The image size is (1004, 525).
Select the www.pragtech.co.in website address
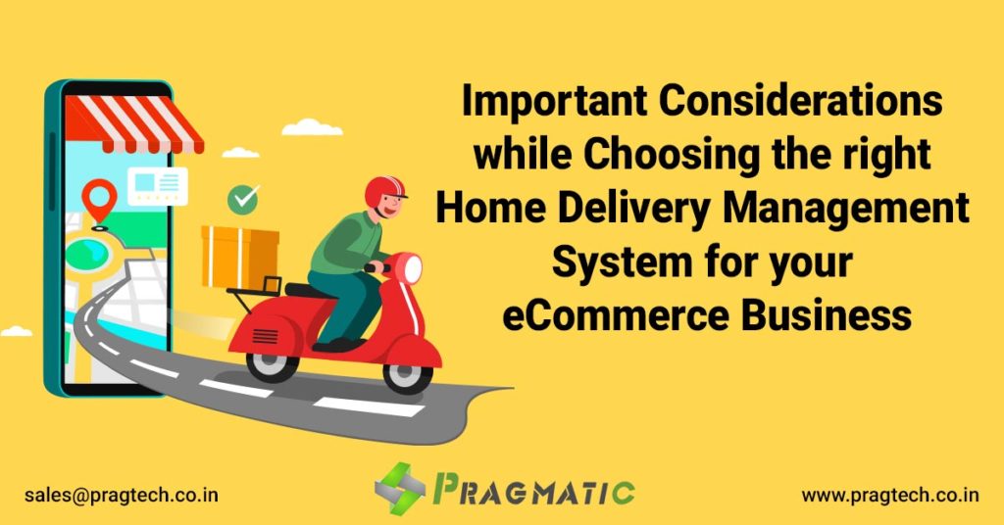click(x=890, y=495)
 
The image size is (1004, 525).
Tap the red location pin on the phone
click(x=98, y=199)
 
